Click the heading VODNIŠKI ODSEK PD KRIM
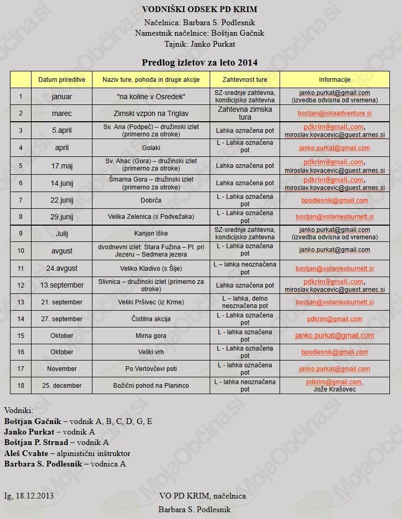tap(200, 9)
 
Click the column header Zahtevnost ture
tap(245, 80)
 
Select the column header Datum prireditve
tap(62, 80)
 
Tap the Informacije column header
tap(334, 80)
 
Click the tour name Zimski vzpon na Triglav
tap(151, 113)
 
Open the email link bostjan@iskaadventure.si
tap(335, 113)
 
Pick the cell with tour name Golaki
tap(151, 148)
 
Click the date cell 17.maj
tap(62, 165)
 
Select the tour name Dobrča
tap(151, 200)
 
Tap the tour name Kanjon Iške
tap(151, 234)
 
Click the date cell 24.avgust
tap(62, 268)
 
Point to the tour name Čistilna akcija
tap(151, 319)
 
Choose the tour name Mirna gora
tap(151, 336)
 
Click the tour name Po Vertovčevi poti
tap(151, 369)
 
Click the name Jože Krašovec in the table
tap(335, 389)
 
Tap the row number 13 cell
tap(21, 302)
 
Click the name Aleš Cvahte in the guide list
tap(26, 453)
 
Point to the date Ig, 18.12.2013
tap(29, 495)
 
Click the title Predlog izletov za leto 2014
tap(200, 62)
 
